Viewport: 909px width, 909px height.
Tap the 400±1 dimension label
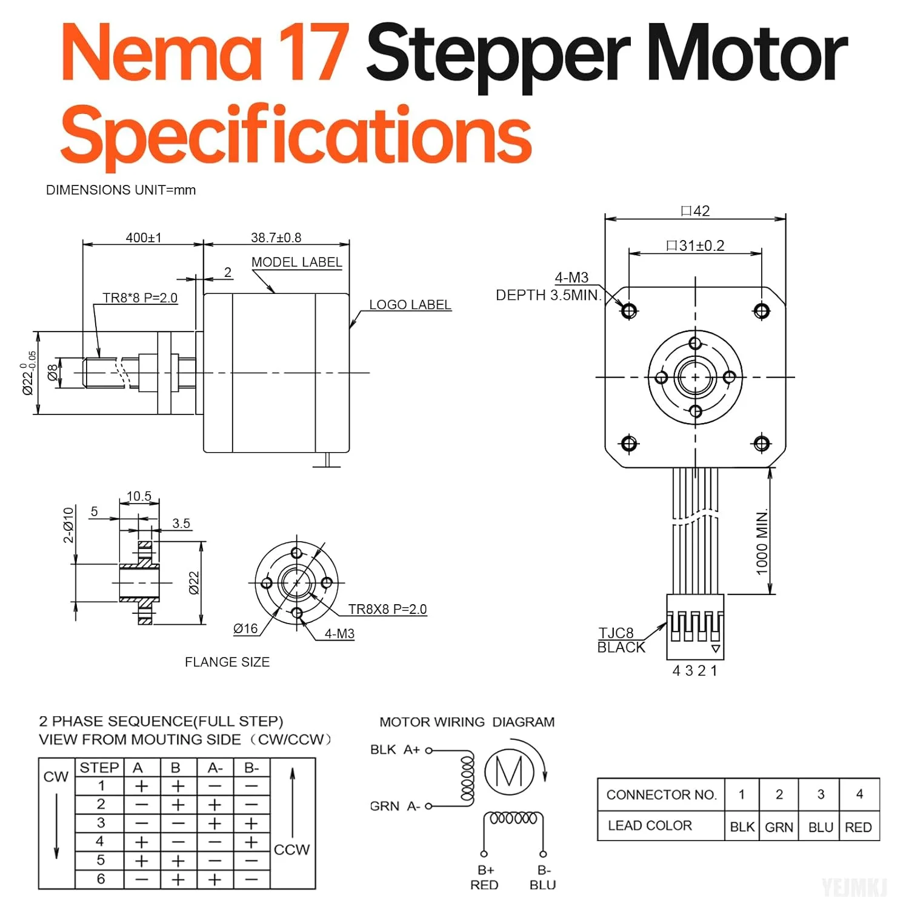pyautogui.click(x=144, y=238)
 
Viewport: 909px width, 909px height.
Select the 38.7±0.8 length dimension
pyautogui.click(x=276, y=238)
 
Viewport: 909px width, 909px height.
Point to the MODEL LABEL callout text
pyautogui.click(x=296, y=262)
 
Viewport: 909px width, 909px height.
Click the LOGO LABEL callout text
pyautogui.click(x=410, y=305)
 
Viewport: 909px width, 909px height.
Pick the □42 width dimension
pyautogui.click(x=695, y=211)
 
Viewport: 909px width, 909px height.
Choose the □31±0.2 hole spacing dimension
pyautogui.click(x=695, y=245)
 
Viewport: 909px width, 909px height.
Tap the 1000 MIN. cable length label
pyautogui.click(x=762, y=541)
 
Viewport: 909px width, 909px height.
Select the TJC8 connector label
pyautogui.click(x=616, y=633)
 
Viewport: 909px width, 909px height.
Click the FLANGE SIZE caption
pyautogui.click(x=227, y=662)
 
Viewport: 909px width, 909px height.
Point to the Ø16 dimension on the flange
pyautogui.click(x=245, y=629)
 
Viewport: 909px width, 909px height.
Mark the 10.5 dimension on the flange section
pyautogui.click(x=139, y=496)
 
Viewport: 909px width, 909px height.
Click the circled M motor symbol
pyautogui.click(x=509, y=772)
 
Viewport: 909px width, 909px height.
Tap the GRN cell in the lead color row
pyautogui.click(x=779, y=827)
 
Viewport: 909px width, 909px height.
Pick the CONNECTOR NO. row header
pyautogui.click(x=661, y=794)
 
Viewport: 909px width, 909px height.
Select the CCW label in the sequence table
pyautogui.click(x=291, y=850)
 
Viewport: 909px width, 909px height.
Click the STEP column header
pyautogui.click(x=99, y=767)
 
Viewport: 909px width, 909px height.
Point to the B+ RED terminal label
pyautogui.click(x=484, y=877)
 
